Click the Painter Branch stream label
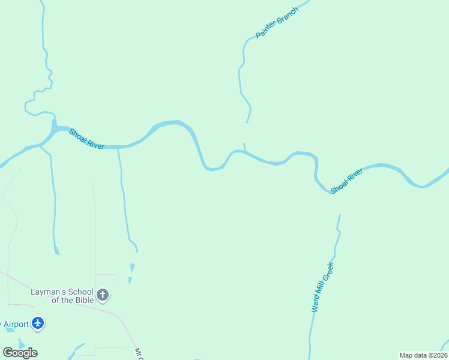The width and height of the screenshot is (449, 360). coord(277,23)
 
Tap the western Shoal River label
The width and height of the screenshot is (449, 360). coord(86,139)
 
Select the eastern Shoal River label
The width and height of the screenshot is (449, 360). coord(347,181)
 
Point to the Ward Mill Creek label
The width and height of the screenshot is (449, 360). coord(322,287)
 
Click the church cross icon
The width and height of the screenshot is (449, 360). coord(103,295)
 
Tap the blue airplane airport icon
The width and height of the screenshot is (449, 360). coord(38,324)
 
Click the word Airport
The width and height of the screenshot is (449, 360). coord(16,325)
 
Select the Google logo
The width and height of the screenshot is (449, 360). coord(20,353)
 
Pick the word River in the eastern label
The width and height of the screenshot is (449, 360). coord(355,175)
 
